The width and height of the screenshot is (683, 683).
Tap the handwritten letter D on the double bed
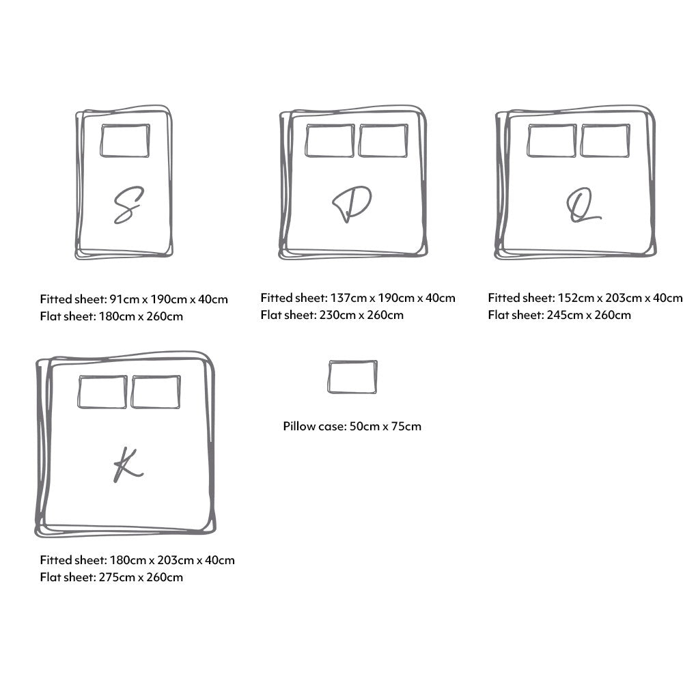[351, 204]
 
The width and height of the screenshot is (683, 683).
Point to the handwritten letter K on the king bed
[127, 466]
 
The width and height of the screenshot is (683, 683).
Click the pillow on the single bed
[125, 141]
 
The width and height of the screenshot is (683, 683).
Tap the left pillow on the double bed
[330, 141]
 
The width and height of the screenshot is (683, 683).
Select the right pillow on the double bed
[383, 141]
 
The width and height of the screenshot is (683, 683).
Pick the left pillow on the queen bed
[552, 141]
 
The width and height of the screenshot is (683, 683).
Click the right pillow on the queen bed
[605, 141]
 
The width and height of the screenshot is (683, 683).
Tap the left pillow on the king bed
[102, 392]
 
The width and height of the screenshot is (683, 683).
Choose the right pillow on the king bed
[156, 392]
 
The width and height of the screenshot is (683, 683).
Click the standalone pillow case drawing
[352, 377]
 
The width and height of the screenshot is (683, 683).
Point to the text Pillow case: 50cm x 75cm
[352, 426]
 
